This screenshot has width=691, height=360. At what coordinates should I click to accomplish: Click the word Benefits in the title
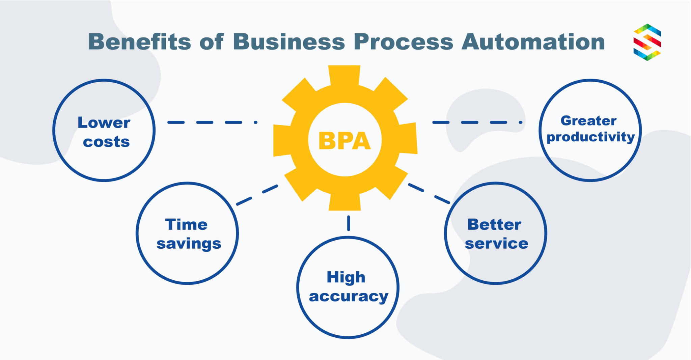140,42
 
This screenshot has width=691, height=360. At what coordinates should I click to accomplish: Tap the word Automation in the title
533,42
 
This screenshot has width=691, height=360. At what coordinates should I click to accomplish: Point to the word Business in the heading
289,42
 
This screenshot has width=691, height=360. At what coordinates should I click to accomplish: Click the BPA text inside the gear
344,141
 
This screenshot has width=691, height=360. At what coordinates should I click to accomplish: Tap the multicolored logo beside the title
647,42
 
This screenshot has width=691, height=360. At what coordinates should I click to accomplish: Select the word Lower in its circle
104,122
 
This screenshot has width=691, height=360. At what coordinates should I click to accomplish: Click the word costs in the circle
106,142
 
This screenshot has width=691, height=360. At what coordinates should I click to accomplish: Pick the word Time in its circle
186,224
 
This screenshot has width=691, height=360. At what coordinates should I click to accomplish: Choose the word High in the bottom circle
346,278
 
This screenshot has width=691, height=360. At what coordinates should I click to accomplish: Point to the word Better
494,224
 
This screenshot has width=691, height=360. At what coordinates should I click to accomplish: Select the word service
496,244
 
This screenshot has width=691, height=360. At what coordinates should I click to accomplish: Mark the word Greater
588,121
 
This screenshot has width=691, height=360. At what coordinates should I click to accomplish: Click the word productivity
590,137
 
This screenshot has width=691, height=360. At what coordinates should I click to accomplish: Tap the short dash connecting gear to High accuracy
349,223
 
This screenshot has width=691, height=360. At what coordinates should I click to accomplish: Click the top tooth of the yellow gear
344,75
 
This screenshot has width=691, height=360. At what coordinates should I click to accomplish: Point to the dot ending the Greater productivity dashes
521,122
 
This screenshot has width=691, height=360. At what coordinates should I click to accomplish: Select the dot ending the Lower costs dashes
256,122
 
